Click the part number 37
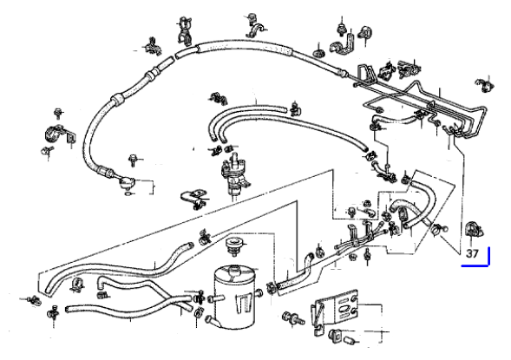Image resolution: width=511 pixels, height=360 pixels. (472, 253)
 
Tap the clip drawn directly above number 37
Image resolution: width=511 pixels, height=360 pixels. (474, 229)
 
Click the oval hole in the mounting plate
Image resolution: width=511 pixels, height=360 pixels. (344, 309)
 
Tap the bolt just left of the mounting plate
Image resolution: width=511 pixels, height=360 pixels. (292, 318)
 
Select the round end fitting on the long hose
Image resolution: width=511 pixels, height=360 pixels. (127, 182)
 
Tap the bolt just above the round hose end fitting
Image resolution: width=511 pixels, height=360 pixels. (133, 160)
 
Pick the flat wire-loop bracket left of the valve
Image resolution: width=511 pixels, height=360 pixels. (193, 199)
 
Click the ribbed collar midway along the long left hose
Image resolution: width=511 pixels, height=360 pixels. (117, 100)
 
